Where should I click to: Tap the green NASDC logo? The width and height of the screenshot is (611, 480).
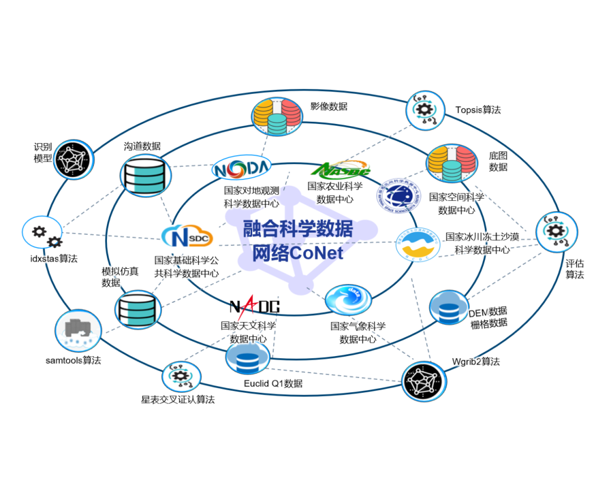(341, 169)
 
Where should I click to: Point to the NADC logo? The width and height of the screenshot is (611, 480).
(254, 307)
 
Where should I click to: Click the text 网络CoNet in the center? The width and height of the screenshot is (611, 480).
(298, 252)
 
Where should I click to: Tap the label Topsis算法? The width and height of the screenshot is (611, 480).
(478, 110)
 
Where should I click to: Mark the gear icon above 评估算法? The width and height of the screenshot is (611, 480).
(557, 232)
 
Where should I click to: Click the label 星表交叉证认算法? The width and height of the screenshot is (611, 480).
(178, 400)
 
